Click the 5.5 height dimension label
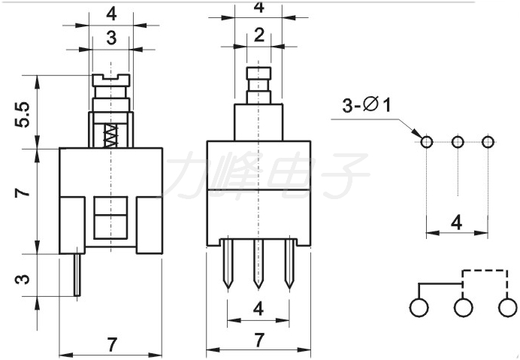click(x=23, y=114)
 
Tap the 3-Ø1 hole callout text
click(x=367, y=105)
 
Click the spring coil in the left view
click(x=110, y=136)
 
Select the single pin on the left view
click(x=77, y=274)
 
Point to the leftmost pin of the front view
click(x=228, y=264)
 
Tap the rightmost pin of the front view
click(x=289, y=264)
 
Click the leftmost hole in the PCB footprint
click(x=427, y=142)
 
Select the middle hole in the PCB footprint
click(x=458, y=142)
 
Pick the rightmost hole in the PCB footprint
click(x=488, y=142)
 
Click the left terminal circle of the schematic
click(x=419, y=307)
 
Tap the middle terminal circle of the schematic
click(x=464, y=307)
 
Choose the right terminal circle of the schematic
click(x=507, y=307)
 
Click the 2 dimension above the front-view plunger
click(x=259, y=35)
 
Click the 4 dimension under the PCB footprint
click(x=457, y=222)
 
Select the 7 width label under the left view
click(x=112, y=344)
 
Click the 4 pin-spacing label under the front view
click(x=258, y=309)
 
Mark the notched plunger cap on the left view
click(x=110, y=80)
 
